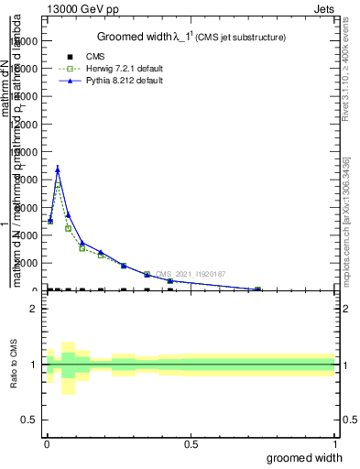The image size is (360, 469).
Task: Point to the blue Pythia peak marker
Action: coord(58,169)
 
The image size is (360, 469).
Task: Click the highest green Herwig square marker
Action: coord(58,186)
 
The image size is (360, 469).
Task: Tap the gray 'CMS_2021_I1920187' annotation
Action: coord(191,274)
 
